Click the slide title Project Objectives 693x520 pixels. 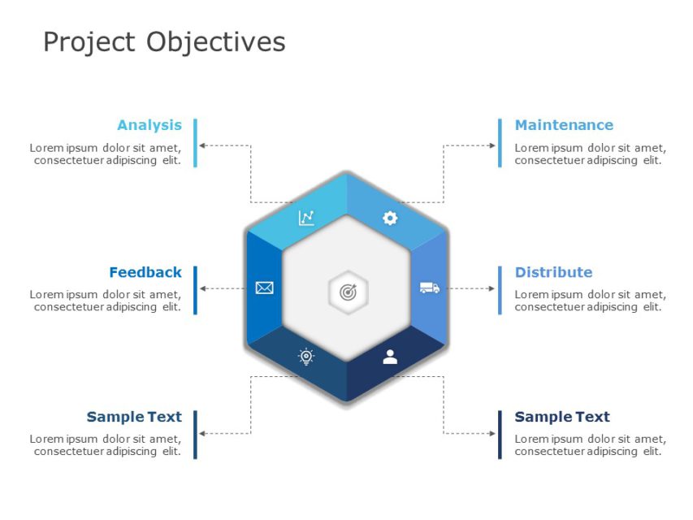(164, 41)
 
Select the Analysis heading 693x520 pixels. (149, 125)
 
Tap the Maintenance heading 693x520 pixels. (564, 125)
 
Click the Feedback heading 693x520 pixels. (145, 272)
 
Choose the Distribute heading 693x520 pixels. (553, 272)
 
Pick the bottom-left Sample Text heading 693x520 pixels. (134, 417)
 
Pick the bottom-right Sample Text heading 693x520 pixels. (562, 417)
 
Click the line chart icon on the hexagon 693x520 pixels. (306, 218)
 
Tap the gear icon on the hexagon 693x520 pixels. (390, 218)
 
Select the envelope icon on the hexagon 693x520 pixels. (264, 288)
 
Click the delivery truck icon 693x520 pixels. (430, 288)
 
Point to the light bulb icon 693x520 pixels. (306, 357)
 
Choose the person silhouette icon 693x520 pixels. (390, 357)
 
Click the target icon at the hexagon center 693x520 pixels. (348, 292)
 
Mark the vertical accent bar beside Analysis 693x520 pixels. (196, 143)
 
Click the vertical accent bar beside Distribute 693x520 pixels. (500, 290)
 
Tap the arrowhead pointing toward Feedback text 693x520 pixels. (203, 288)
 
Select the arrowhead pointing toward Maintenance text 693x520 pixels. (492, 145)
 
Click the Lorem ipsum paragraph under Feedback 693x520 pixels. (106, 301)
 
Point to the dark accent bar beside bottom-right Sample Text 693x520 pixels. (500, 435)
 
